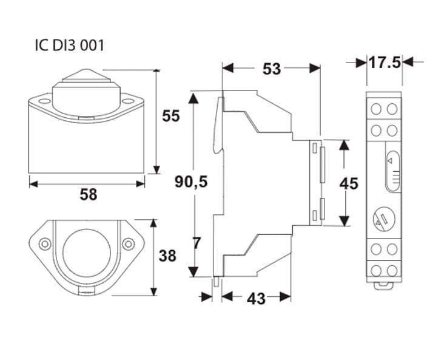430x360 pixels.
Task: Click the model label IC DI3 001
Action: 70,46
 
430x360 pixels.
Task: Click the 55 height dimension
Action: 171,115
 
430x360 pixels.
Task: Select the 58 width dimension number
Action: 89,194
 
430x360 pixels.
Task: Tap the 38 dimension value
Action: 167,256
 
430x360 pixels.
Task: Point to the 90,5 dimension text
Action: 192,182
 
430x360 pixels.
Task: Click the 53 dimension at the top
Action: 272,69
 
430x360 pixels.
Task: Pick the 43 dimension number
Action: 257,299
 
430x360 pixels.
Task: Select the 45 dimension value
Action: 349,183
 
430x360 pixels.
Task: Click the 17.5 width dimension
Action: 385,63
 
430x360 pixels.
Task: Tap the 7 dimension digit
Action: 197,243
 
